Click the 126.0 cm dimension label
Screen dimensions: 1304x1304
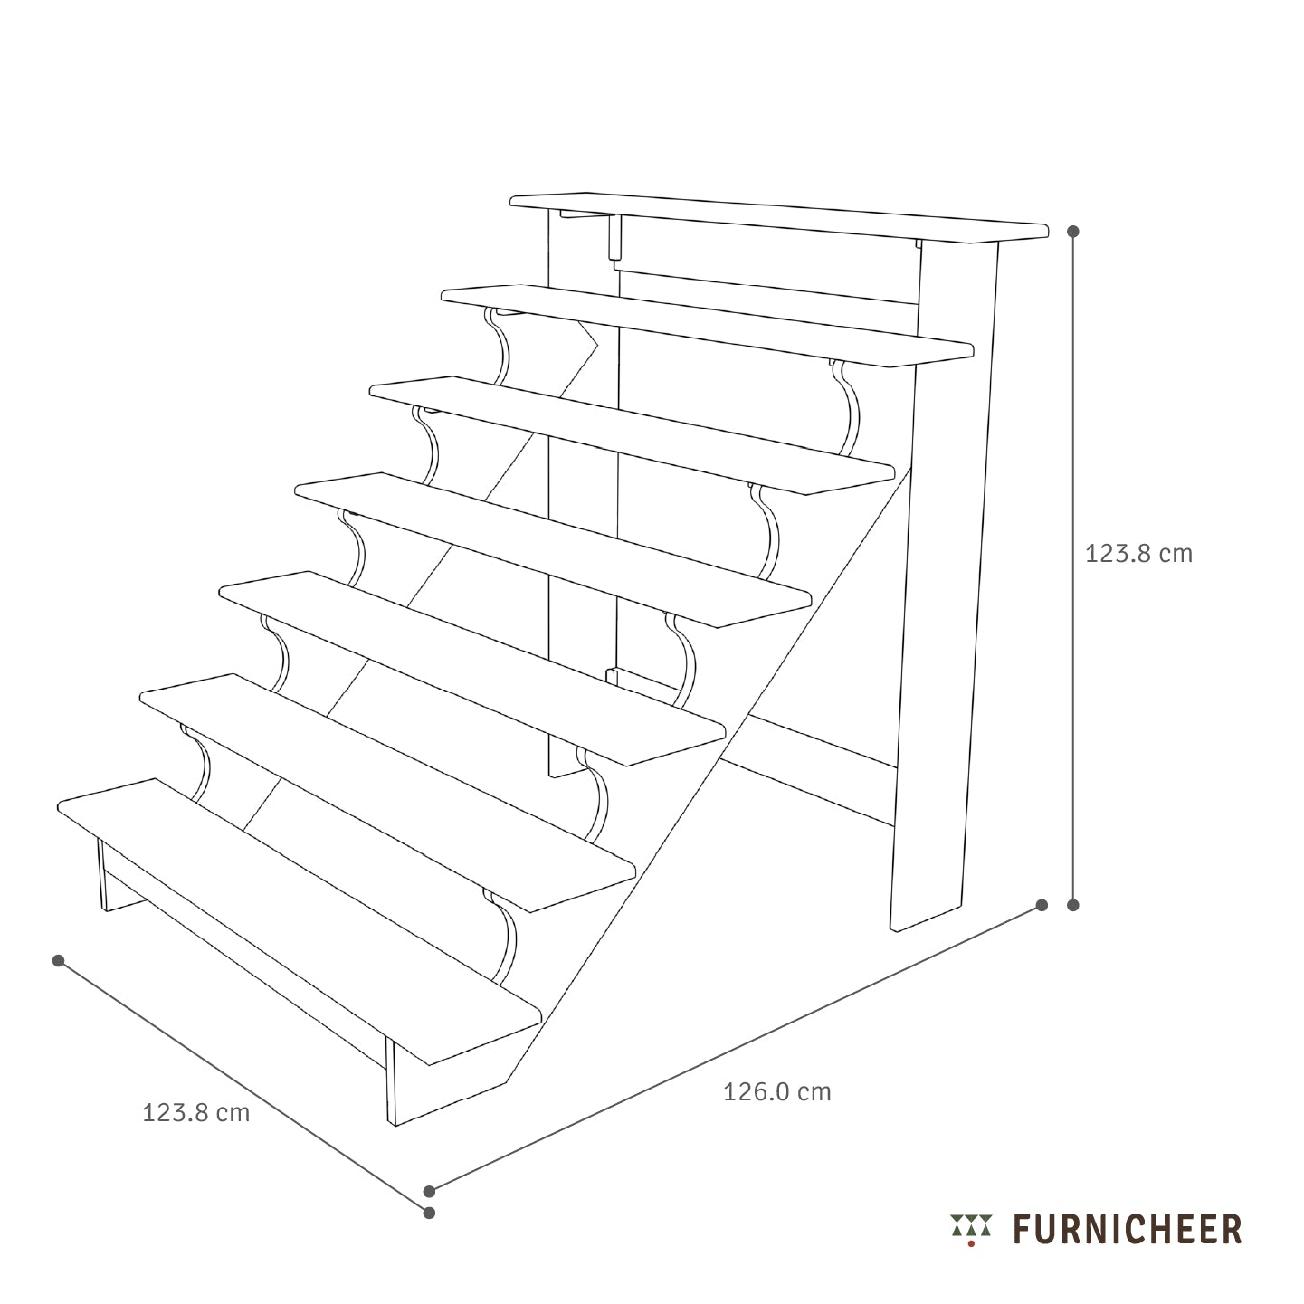click(x=776, y=1091)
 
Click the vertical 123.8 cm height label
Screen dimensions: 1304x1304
click(x=1138, y=554)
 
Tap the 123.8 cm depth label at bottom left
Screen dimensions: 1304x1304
click(x=195, y=1112)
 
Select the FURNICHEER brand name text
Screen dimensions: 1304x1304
click(x=1128, y=1230)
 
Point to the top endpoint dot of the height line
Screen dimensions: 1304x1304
click(x=1072, y=232)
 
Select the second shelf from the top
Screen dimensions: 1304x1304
click(x=707, y=326)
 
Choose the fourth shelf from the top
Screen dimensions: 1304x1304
click(x=553, y=549)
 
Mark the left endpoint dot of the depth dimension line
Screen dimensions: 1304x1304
click(x=58, y=961)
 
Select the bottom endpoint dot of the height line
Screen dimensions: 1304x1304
click(x=1072, y=906)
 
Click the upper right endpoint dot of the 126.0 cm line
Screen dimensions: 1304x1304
click(x=1042, y=906)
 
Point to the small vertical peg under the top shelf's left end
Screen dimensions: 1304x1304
click(x=614, y=237)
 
